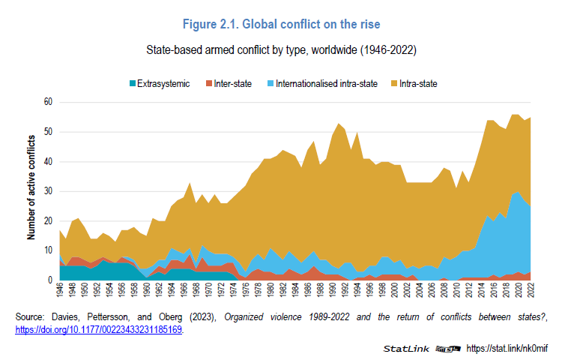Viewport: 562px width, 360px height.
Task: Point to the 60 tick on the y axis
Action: [x=48, y=101]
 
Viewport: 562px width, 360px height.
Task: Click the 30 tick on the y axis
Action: [x=48, y=191]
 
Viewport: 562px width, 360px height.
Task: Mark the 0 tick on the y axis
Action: [x=50, y=280]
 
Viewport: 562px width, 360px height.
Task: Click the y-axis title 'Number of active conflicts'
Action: [x=31, y=187]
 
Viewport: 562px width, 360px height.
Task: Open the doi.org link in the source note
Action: [x=99, y=328]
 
